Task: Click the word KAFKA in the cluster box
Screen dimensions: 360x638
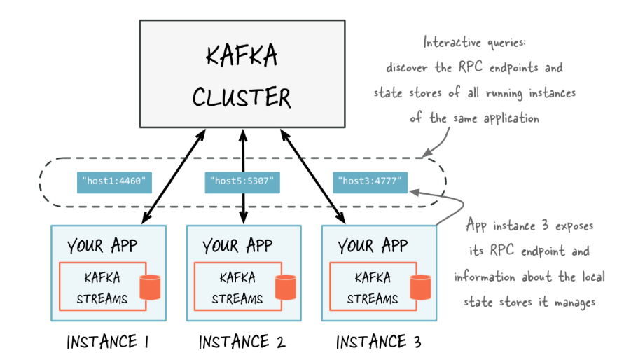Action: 242,56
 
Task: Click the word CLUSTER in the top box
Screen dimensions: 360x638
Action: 242,97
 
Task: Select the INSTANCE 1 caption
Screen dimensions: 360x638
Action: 107,342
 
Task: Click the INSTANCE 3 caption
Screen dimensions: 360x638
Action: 379,342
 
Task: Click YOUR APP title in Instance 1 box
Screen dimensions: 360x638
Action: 103,246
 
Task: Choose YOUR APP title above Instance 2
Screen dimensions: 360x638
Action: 238,246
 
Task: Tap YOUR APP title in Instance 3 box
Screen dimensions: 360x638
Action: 373,246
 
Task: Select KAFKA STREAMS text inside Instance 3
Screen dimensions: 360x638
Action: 372,288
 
